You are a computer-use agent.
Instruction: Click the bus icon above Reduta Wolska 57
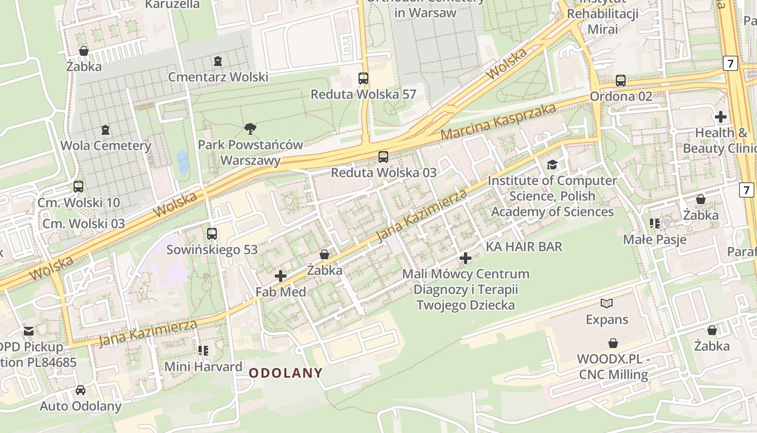click(x=363, y=78)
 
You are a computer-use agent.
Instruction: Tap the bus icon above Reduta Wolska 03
click(x=383, y=157)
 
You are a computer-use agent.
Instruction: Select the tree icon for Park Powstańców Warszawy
click(x=250, y=129)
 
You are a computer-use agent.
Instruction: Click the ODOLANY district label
click(x=285, y=373)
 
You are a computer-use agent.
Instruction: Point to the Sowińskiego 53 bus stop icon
click(x=212, y=234)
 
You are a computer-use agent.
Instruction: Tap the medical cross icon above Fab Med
click(x=281, y=276)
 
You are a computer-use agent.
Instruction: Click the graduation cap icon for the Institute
click(x=552, y=165)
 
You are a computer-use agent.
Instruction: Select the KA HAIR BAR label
click(x=524, y=247)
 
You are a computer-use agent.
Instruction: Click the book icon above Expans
click(x=607, y=304)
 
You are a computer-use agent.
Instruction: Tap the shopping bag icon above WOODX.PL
click(x=613, y=343)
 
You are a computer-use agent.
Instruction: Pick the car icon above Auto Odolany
click(x=81, y=390)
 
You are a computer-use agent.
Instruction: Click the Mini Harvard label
click(x=203, y=366)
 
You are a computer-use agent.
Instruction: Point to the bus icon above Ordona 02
click(x=620, y=81)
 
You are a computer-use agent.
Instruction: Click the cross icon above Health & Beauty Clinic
click(x=720, y=116)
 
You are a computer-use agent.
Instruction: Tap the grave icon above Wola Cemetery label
click(x=105, y=130)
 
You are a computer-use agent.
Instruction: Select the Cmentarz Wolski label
click(x=218, y=77)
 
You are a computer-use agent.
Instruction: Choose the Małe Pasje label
click(x=655, y=239)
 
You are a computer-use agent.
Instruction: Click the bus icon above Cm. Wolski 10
click(x=78, y=187)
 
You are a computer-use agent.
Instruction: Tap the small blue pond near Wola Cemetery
click(x=183, y=161)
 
